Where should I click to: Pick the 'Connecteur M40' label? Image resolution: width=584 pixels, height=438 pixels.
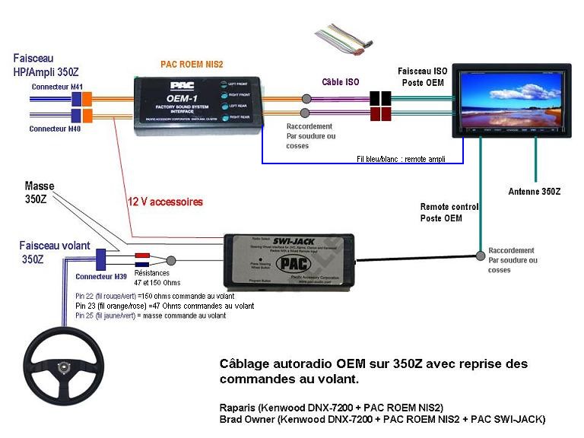click(55, 129)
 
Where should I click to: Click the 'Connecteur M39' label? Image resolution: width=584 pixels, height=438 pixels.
click(100, 276)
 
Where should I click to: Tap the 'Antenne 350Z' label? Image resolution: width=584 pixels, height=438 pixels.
click(534, 192)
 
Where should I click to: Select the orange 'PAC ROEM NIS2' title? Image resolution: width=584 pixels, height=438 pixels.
click(192, 65)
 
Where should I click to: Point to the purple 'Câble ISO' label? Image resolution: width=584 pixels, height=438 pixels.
click(341, 81)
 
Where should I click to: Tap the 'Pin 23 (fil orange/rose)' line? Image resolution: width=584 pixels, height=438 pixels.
click(165, 305)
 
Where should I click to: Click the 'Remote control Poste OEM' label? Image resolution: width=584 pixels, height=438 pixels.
click(449, 212)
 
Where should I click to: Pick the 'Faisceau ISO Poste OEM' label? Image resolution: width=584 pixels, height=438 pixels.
click(424, 76)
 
